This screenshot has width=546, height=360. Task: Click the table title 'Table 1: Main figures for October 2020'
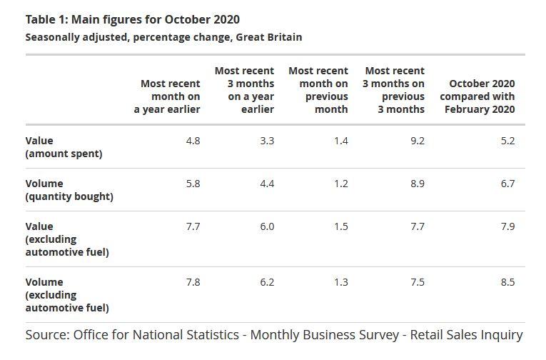click(x=132, y=19)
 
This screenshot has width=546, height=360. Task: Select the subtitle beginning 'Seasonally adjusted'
click(x=163, y=36)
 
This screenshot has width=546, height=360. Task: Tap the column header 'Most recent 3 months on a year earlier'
click(x=244, y=90)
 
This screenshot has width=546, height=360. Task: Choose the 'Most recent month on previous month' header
click(x=318, y=90)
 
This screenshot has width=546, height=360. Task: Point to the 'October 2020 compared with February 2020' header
click(x=477, y=96)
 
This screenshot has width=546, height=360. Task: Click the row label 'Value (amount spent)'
click(x=64, y=147)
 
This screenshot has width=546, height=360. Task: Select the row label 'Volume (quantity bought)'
click(x=69, y=190)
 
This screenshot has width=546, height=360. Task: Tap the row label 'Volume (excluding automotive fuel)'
click(x=67, y=295)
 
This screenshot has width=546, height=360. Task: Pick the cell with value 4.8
click(x=193, y=141)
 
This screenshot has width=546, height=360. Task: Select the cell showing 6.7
click(x=507, y=184)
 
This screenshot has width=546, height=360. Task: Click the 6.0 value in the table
click(x=266, y=226)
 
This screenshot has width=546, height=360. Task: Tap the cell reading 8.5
click(x=507, y=282)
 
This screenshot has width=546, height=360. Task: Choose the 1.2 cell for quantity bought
click(x=340, y=184)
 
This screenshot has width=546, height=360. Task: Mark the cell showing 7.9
click(x=507, y=226)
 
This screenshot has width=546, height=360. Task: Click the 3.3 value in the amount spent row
click(x=266, y=141)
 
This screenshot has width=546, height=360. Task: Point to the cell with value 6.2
click(x=266, y=282)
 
